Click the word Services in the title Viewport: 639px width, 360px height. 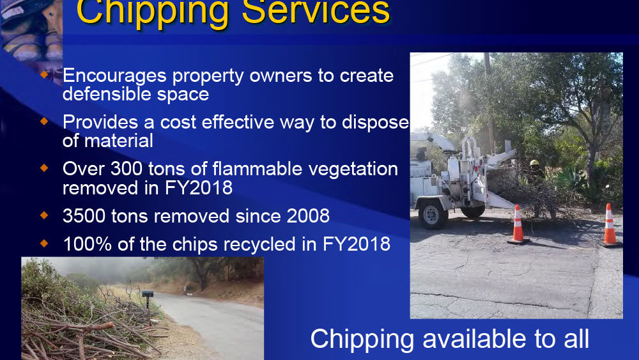point(316,12)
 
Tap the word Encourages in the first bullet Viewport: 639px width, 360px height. point(114,76)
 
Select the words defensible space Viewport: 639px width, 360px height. point(135,94)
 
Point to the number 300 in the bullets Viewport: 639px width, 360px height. point(127,169)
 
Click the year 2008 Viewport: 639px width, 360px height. point(308,215)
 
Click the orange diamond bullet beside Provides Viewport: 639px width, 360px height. point(45,121)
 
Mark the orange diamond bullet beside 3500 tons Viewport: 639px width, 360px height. point(45,215)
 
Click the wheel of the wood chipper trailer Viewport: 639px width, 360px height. point(431,214)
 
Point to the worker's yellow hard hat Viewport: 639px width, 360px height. point(534,162)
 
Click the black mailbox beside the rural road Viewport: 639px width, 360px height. point(147,293)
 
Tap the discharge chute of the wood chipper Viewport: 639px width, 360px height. point(433,140)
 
